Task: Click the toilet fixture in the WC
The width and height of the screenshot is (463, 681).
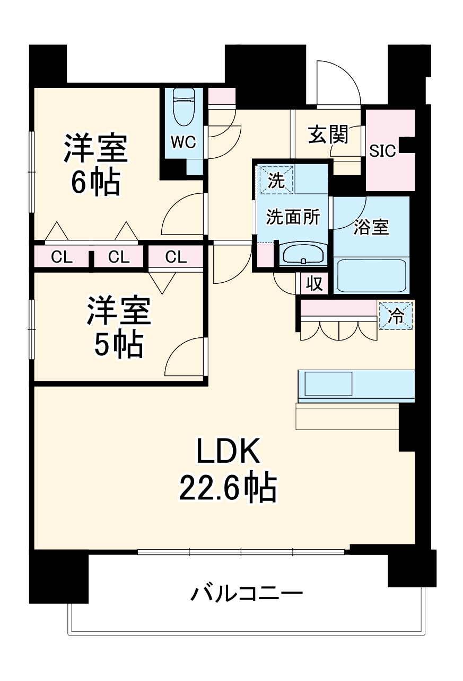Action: tap(184, 106)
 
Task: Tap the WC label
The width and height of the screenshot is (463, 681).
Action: tap(184, 142)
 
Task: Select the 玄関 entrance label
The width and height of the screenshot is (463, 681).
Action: tap(328, 136)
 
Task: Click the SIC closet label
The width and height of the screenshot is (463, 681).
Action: tap(382, 151)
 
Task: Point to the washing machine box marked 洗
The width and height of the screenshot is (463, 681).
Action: tap(275, 180)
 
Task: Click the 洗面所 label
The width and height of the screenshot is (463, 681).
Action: tap(293, 217)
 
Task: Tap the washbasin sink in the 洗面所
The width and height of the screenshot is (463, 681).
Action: tap(303, 254)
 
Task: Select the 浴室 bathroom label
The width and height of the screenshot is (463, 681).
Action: tap(371, 227)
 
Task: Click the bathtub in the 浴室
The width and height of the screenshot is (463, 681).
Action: tap(372, 276)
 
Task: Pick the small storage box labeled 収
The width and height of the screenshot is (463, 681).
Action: tap(315, 284)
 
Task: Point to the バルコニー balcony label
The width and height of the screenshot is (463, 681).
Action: tap(247, 594)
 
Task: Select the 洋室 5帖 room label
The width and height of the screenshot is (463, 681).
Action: tap(119, 328)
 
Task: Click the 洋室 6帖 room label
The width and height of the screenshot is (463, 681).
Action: tap(96, 165)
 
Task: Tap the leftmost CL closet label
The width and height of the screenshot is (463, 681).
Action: tap(62, 257)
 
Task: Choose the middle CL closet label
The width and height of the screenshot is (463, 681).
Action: tap(119, 257)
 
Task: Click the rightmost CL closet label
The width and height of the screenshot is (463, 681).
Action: tap(176, 257)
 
